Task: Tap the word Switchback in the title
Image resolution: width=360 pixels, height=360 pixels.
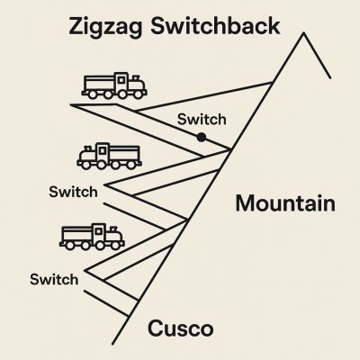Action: click(x=215, y=26)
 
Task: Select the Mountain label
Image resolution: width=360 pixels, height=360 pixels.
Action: click(x=285, y=203)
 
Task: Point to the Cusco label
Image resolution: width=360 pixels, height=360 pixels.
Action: click(x=181, y=328)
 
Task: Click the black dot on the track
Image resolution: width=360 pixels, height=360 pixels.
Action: click(x=202, y=138)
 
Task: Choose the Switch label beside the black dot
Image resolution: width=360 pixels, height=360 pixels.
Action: click(x=202, y=120)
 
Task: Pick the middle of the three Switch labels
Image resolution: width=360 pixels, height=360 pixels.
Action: click(x=73, y=192)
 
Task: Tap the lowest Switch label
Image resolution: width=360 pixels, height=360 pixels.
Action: click(x=54, y=280)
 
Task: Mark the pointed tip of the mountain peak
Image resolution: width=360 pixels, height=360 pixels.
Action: click(x=303, y=32)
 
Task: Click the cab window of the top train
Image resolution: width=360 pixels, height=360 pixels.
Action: click(x=121, y=80)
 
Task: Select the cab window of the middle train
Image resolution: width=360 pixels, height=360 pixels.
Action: click(x=103, y=150)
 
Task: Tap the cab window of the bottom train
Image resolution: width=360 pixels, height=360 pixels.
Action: click(x=98, y=231)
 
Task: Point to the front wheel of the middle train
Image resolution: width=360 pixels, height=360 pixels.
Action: click(x=85, y=166)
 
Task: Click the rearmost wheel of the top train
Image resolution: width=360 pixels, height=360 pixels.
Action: click(x=93, y=94)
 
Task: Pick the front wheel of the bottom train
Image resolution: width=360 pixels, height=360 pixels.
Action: click(x=115, y=246)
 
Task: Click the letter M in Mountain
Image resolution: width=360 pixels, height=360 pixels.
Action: click(x=245, y=203)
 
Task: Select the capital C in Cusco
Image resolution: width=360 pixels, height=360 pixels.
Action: click(x=156, y=328)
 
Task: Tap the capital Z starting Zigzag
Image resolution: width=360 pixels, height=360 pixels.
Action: click(x=76, y=26)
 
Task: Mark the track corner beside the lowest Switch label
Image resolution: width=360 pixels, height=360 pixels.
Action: click(x=85, y=271)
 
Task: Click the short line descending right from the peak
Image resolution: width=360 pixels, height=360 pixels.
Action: click(x=317, y=56)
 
